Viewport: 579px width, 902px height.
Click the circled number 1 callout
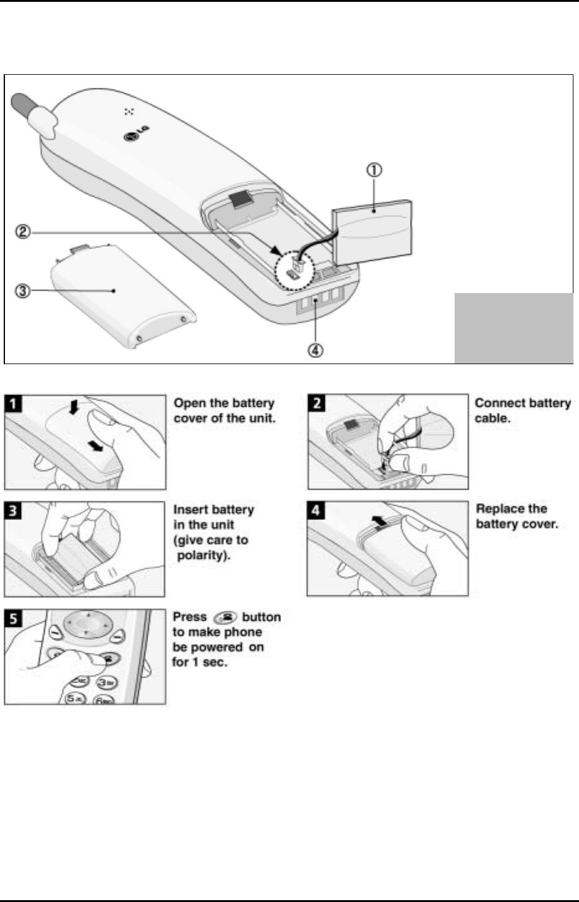point(375,169)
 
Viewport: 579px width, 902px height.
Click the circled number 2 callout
point(23,234)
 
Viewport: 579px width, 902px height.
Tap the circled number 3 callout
point(23,291)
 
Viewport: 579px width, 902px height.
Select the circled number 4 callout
point(315,350)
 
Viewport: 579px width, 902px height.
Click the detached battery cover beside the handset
point(124,293)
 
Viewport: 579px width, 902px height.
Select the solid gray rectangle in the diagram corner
point(513,328)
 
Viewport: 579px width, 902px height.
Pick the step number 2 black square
point(317,404)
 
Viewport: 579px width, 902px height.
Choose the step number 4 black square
point(317,511)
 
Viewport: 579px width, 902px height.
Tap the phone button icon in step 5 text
point(225,617)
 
